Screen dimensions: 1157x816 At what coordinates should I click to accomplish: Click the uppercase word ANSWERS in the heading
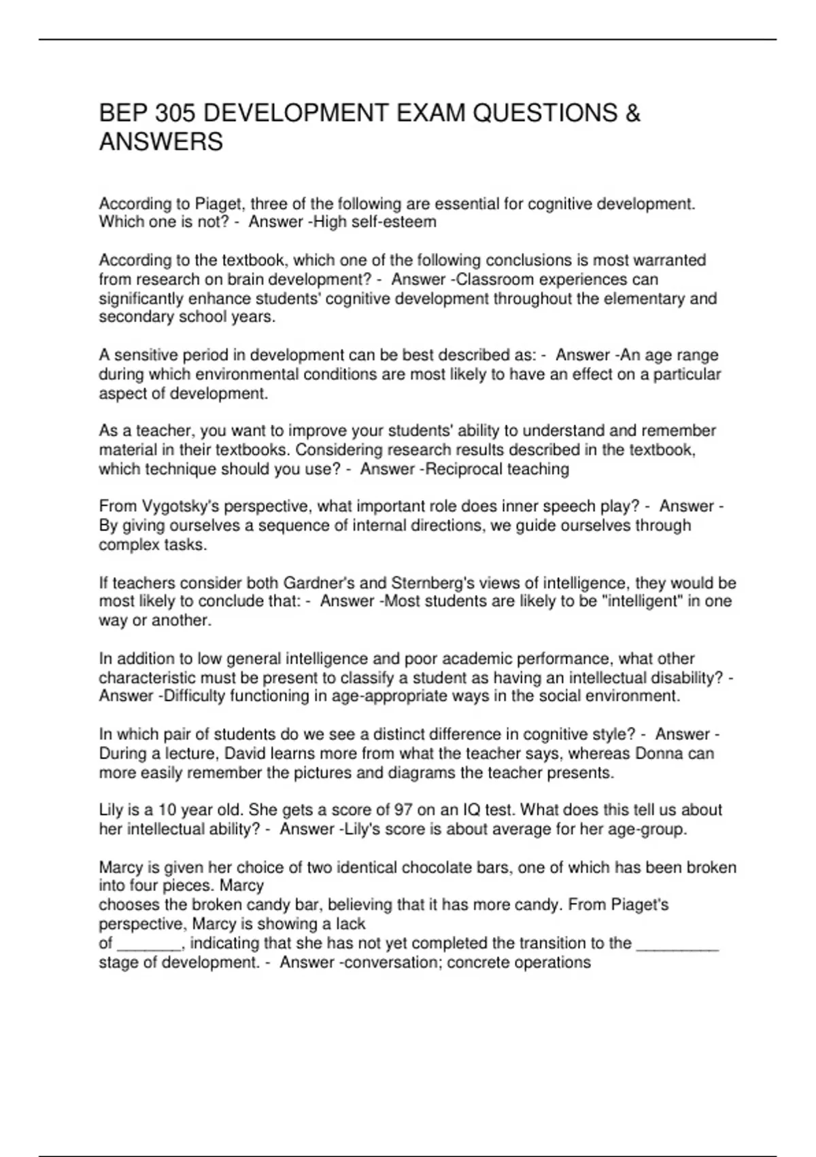161,142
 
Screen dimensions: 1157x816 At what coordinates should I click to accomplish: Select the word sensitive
146,355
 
